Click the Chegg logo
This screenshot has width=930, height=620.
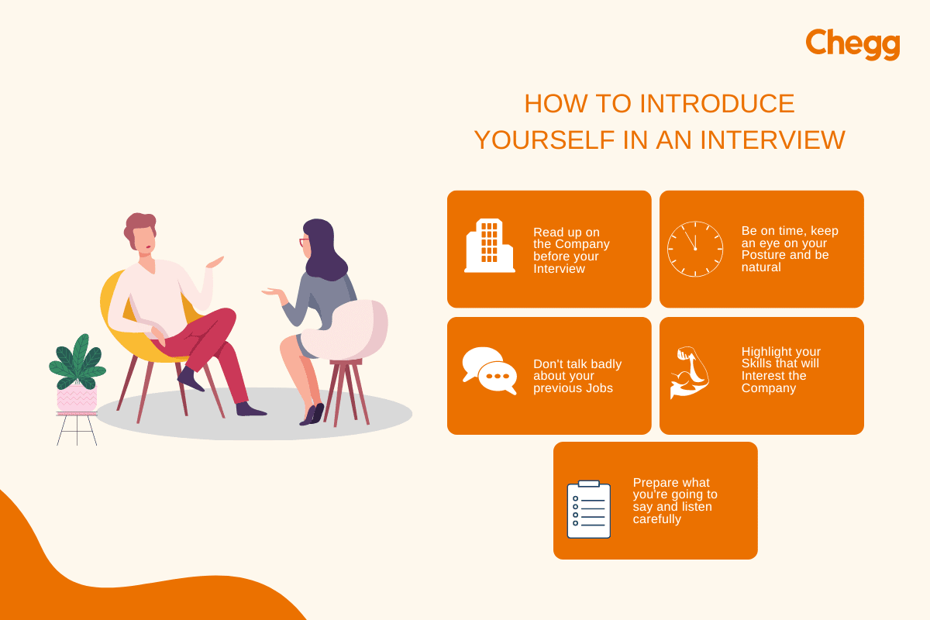852,44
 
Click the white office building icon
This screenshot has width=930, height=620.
489,246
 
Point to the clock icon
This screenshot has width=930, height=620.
695,249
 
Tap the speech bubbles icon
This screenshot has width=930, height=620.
489,370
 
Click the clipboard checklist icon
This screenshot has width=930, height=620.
588,508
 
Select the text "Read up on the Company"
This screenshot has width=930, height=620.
570,238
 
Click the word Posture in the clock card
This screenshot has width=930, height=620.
763,255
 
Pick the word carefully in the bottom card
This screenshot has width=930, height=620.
657,519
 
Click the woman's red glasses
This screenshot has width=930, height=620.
304,243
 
